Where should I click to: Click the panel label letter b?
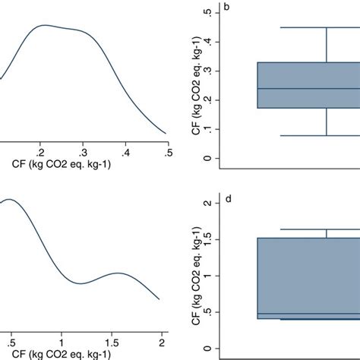click(x=227, y=8)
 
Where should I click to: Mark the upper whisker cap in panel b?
click(x=326, y=27)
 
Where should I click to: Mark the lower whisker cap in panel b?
click(x=326, y=135)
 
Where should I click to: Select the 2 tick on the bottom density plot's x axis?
click(x=163, y=335)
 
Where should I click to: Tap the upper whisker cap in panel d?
click(x=327, y=229)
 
